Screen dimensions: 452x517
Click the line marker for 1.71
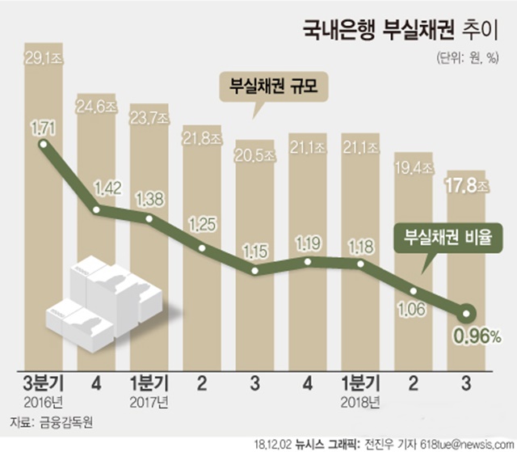(x=44, y=146)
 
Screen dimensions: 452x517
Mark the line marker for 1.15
(x=255, y=270)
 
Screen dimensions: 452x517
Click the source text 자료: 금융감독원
(x=51, y=423)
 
